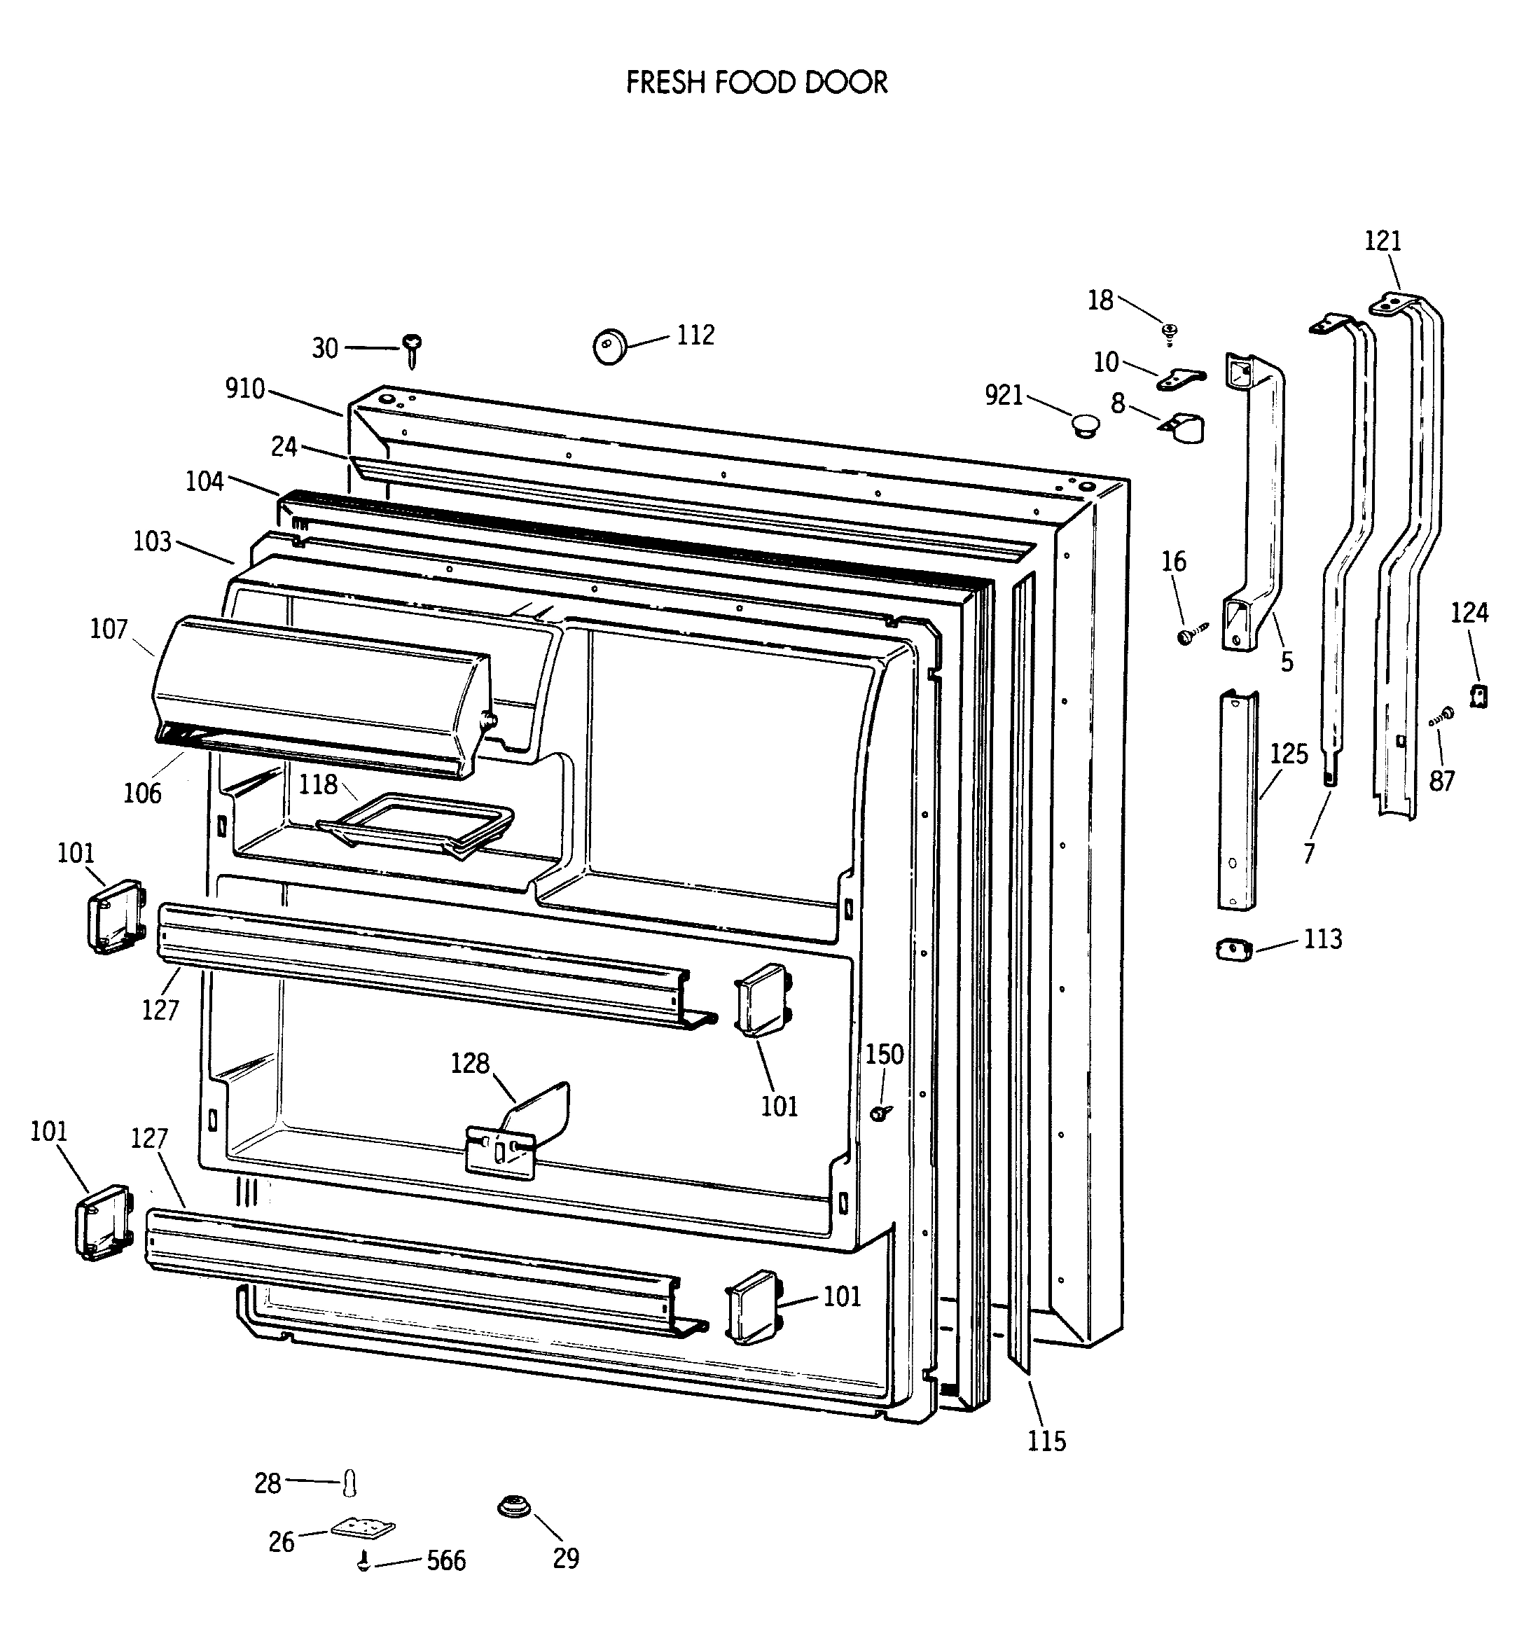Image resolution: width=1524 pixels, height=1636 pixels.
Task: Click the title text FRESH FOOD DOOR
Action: pos(756,83)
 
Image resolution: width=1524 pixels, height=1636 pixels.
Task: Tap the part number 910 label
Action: pos(245,389)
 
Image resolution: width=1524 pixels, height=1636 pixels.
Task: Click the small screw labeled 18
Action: pos(1170,333)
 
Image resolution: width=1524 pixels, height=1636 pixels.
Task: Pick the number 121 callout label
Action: pos(1383,241)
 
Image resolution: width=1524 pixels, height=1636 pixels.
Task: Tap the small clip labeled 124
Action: pos(1478,696)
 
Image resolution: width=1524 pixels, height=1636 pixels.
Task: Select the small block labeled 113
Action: pos(1233,950)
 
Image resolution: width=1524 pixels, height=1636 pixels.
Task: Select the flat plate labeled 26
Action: pos(363,1527)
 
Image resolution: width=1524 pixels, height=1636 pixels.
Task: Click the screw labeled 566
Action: pos(363,1560)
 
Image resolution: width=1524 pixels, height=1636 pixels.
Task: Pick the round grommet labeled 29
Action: pos(513,1509)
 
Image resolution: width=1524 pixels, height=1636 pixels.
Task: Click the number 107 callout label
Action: pos(109,630)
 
